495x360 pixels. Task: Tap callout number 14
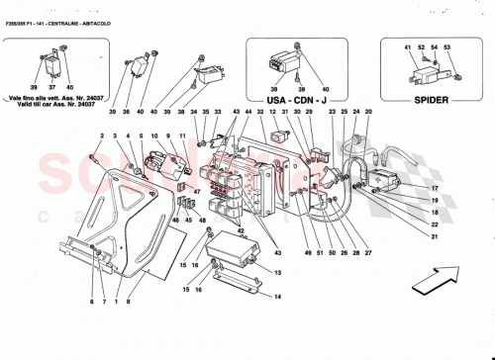pyautogui.click(x=278, y=296)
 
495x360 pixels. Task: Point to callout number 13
pyautogui.click(x=278, y=273)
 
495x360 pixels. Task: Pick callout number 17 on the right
pyautogui.click(x=433, y=188)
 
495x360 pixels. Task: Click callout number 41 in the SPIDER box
pyautogui.click(x=407, y=47)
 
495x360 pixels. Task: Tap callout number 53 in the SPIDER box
pyautogui.click(x=445, y=47)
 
